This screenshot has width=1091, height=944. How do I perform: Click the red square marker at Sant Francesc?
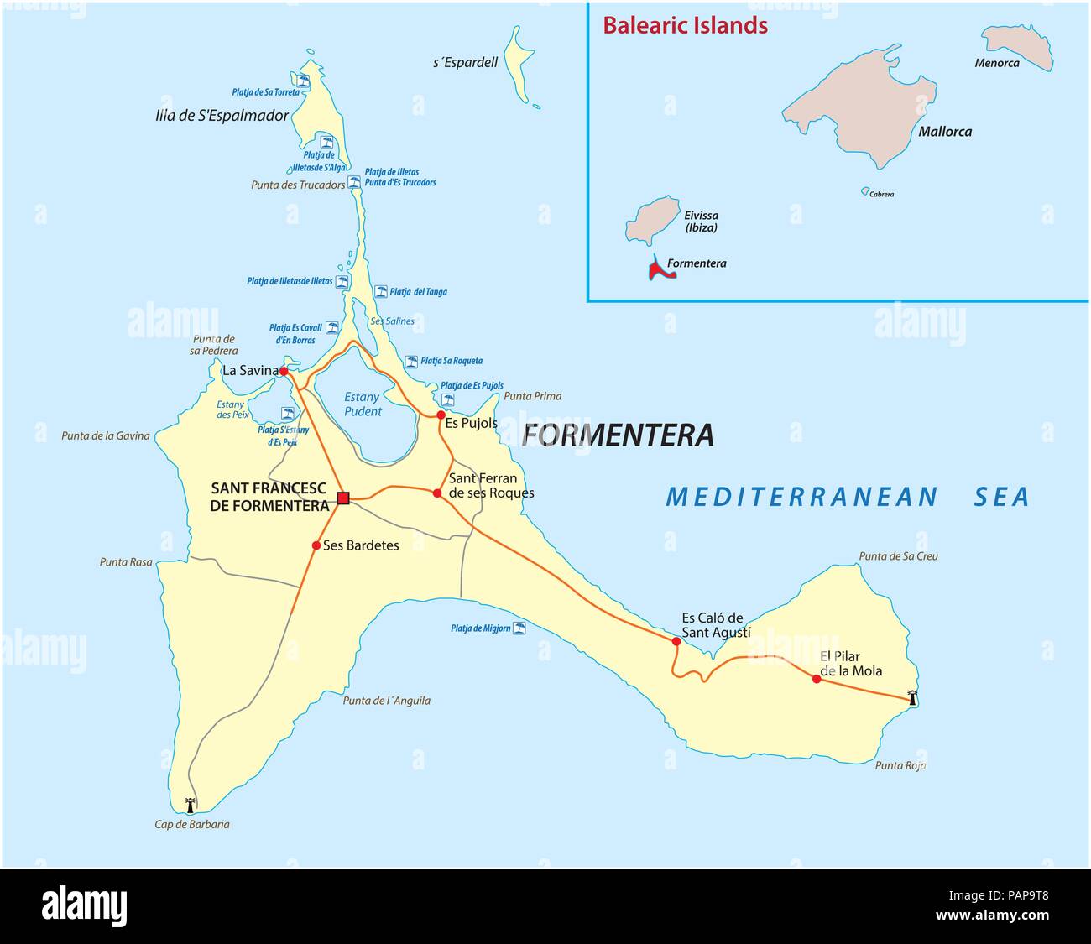pyautogui.click(x=342, y=499)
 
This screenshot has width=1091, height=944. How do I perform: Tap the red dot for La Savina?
pyautogui.click(x=284, y=371)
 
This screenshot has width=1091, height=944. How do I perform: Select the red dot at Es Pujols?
pyautogui.click(x=441, y=415)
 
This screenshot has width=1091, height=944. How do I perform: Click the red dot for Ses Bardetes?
pyautogui.click(x=316, y=545)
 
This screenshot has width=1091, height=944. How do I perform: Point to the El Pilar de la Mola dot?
pyautogui.click(x=817, y=678)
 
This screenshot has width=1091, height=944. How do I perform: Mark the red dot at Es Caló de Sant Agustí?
pyautogui.click(x=676, y=641)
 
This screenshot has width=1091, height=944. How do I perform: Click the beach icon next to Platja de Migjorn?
pyautogui.click(x=520, y=627)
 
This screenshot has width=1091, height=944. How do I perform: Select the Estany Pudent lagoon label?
pyautogui.click(x=363, y=404)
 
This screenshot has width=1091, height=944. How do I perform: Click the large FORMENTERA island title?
pyautogui.click(x=618, y=435)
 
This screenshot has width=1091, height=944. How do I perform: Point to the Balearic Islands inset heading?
pyautogui.click(x=685, y=25)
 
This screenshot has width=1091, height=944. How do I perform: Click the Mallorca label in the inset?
pyautogui.click(x=944, y=132)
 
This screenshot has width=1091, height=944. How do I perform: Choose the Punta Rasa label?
pyautogui.click(x=126, y=561)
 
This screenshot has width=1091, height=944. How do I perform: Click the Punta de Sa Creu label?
pyautogui.click(x=898, y=555)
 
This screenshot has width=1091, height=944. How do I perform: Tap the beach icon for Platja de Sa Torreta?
pyautogui.click(x=306, y=82)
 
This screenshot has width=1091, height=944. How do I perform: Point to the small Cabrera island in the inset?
pyautogui.click(x=865, y=191)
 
